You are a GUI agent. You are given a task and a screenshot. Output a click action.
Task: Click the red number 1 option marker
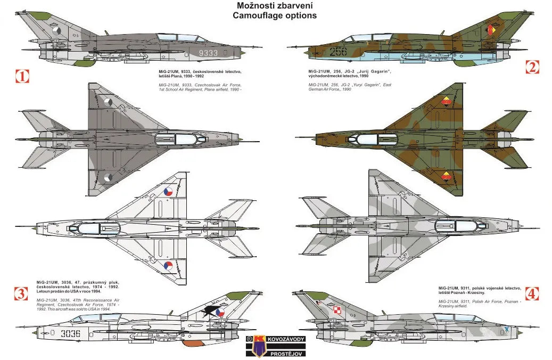tap(22, 76)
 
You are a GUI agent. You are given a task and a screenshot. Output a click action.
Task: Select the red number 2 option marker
tap(532, 67)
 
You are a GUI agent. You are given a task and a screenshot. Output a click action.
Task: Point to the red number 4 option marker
tap(532, 293)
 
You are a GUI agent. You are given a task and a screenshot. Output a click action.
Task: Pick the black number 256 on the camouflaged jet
tap(339, 52)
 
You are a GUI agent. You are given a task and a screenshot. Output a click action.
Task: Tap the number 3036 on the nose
tap(71, 334)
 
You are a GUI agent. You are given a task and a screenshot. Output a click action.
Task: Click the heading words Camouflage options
tap(275, 15)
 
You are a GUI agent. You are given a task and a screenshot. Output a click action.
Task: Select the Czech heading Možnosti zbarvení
tap(275, 5)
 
